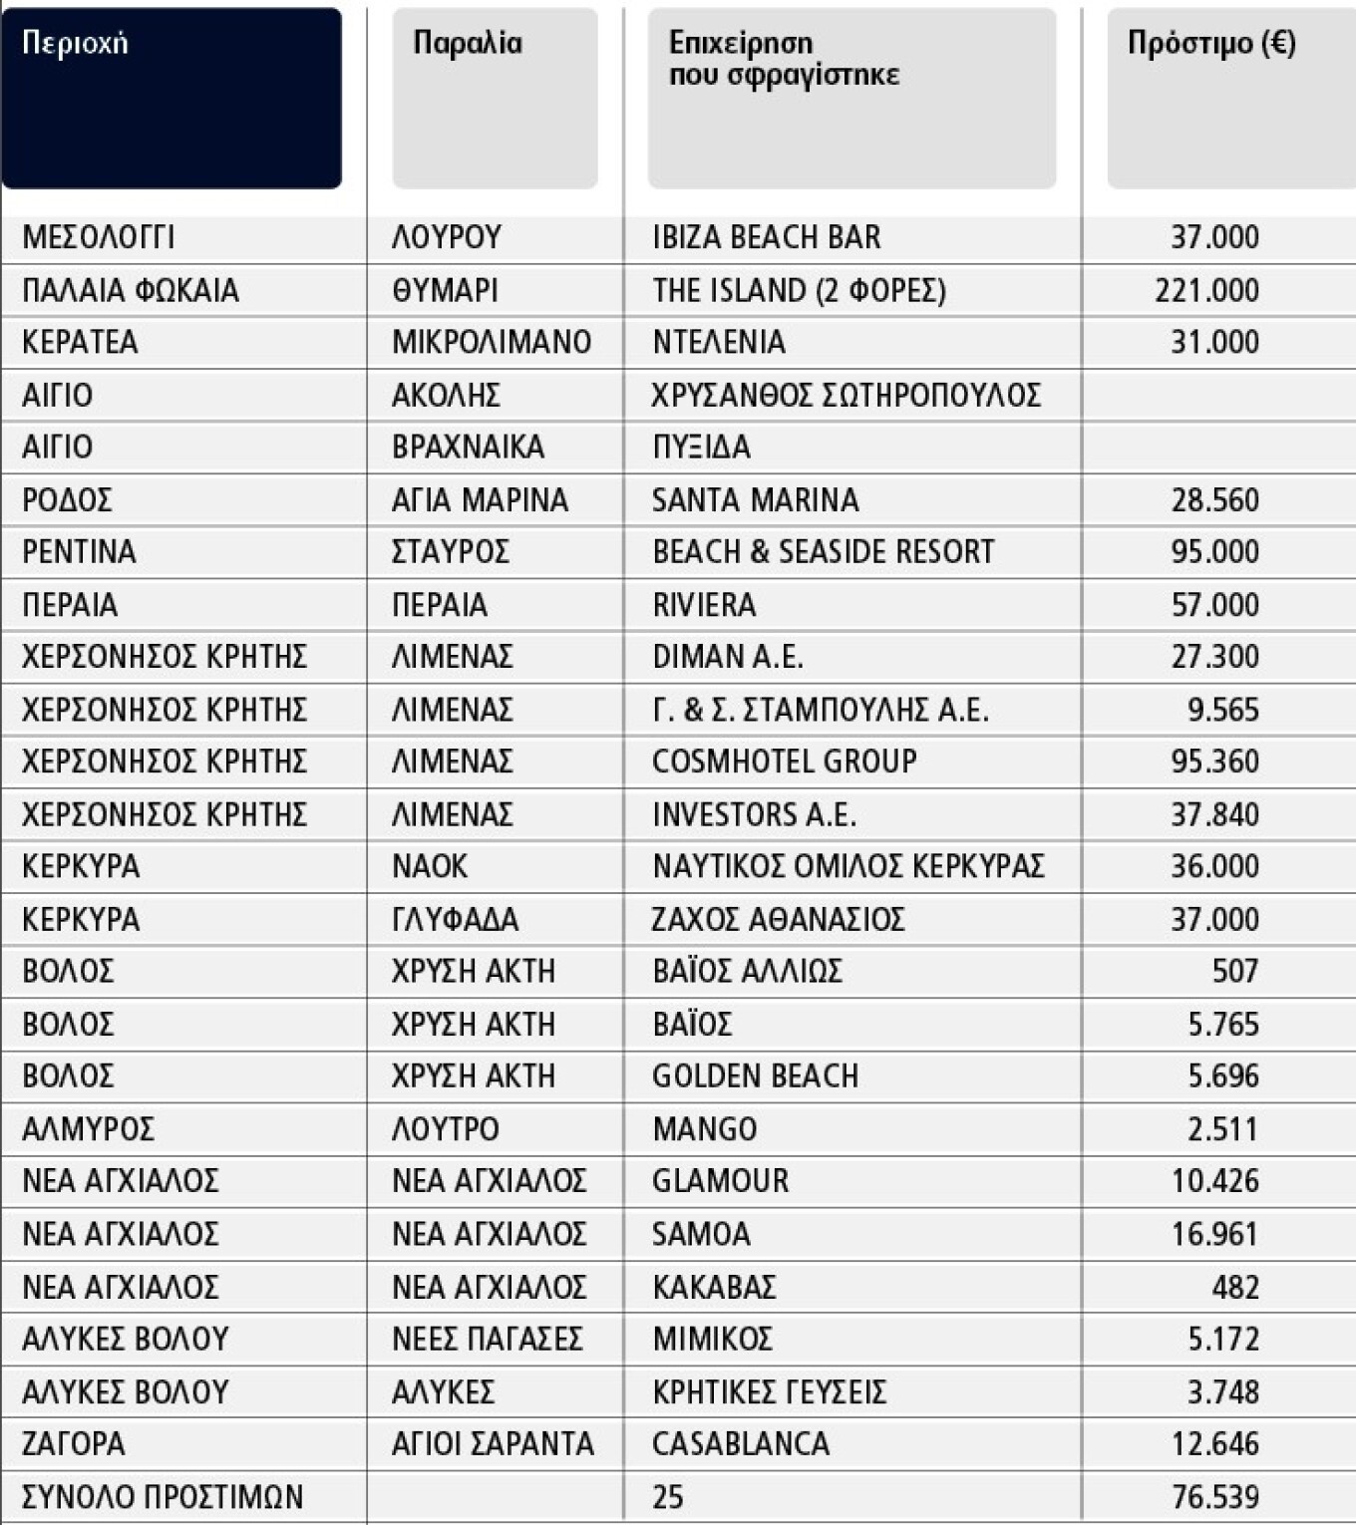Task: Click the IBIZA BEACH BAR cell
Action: pos(766,237)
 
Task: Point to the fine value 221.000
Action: pos(1206,290)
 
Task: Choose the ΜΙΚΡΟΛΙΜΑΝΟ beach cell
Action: pos(492,342)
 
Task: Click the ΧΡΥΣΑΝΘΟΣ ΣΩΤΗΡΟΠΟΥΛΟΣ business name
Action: pos(846,395)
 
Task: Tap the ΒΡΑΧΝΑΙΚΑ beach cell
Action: pos(468,447)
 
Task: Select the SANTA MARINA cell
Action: pos(755,499)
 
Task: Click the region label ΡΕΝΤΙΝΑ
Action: pos(79,551)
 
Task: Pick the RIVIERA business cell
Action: pos(704,604)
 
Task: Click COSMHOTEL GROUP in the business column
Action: pos(784,762)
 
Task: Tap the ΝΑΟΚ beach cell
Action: pos(430,866)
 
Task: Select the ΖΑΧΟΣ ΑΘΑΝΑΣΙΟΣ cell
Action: pos(778,919)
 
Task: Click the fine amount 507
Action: pos(1234,971)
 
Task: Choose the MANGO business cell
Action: pos(704,1128)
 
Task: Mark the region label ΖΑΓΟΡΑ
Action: pos(74,1443)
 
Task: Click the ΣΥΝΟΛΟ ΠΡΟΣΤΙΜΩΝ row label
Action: pos(163,1496)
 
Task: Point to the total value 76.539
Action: pos(1214,1496)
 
